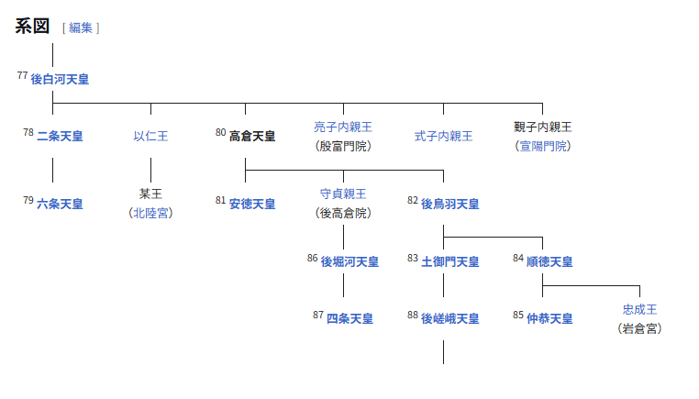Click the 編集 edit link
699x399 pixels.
point(81,28)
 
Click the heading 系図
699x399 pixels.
point(32,26)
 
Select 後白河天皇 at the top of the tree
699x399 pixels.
point(60,80)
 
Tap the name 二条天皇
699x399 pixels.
point(60,136)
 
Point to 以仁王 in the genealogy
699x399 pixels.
point(150,136)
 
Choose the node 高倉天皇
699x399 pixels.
point(252,136)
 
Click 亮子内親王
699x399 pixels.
point(343,127)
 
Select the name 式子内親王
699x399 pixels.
point(443,136)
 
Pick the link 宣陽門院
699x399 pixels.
point(542,146)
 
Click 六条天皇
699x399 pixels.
point(60,204)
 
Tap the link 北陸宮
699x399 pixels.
point(150,213)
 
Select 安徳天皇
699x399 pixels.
point(252,204)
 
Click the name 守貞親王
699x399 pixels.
point(343,194)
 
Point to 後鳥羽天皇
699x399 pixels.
point(449,204)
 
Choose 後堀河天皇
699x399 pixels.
point(349,261)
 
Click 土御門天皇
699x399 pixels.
point(449,261)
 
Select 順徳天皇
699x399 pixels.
point(549,261)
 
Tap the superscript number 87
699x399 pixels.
point(318,315)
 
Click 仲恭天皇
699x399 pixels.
point(549,318)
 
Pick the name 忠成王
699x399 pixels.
point(640,309)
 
